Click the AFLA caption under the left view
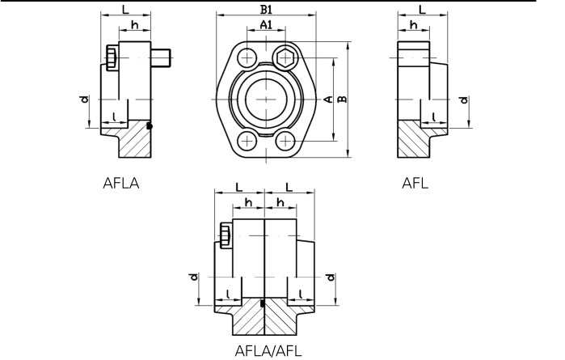[x=121, y=183]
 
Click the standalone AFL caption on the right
[x=415, y=183]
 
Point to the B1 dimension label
[x=266, y=10]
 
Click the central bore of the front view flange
[x=266, y=99]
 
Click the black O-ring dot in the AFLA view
[x=150, y=125]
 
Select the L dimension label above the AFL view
[x=422, y=10]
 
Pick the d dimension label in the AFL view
[x=463, y=101]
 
